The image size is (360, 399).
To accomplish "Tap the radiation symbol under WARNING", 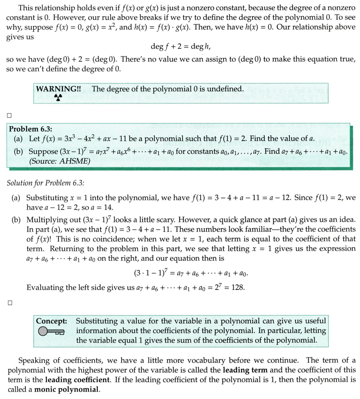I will point(58,98).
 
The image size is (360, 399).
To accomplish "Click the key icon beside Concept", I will point(51,331).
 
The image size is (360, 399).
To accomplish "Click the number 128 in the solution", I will point(238,288).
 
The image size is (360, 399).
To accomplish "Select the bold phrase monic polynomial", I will point(67,390).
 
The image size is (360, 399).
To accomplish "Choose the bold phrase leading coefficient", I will point(78,379).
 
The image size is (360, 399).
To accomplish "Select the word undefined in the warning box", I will point(227,89).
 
